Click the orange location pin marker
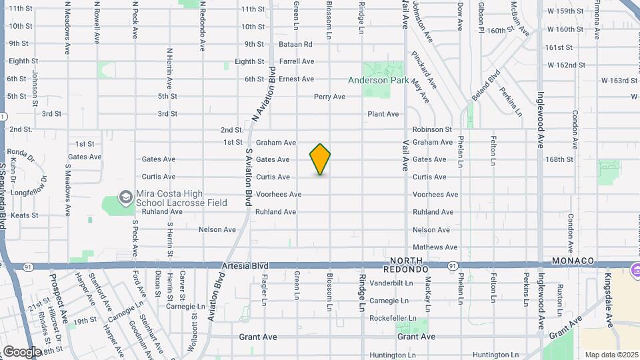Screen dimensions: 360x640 tap(320, 159)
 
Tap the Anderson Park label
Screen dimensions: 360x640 tap(377, 80)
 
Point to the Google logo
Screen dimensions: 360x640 tap(22, 351)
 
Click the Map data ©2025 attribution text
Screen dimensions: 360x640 tap(610, 355)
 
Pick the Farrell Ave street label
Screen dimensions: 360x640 tap(297, 61)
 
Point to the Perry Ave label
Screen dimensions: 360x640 tap(329, 97)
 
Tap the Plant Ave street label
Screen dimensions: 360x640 tap(383, 114)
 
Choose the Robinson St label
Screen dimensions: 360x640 tap(431, 129)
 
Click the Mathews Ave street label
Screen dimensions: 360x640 tap(435, 247)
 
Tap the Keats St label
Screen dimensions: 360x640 tap(25, 215)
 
